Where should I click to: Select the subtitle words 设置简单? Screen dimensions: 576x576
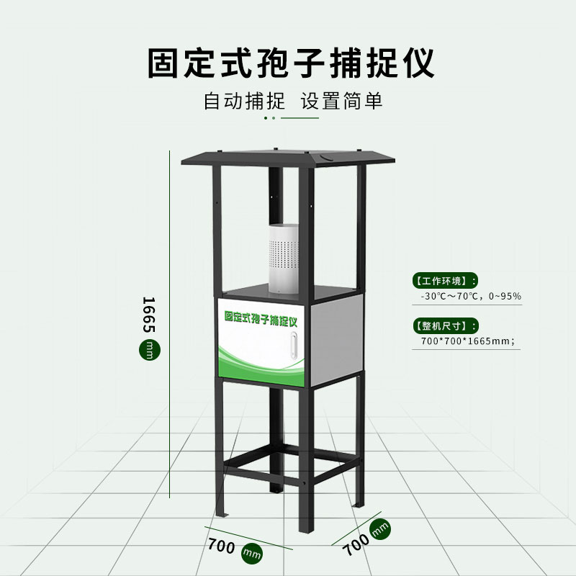pyautogui.click(x=342, y=101)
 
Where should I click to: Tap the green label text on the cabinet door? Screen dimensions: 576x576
pyautogui.click(x=265, y=316)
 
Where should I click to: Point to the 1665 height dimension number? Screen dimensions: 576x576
pyautogui.click(x=149, y=314)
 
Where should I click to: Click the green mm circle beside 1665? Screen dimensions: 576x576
pyautogui.click(x=148, y=351)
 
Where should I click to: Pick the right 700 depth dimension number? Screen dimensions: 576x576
pyautogui.click(x=356, y=542)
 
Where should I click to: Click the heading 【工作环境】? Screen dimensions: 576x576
pyautogui.click(x=441, y=281)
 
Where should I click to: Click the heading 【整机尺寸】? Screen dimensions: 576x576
pyautogui.click(x=441, y=325)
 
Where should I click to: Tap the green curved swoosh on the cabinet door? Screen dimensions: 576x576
pyautogui.click(x=259, y=360)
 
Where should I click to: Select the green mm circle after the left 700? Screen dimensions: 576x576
pyautogui.click(x=251, y=552)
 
